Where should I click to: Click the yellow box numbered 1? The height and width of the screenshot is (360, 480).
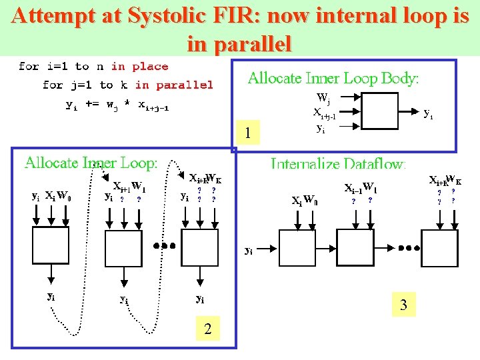[247, 134]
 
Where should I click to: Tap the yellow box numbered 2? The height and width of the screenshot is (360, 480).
[208, 328]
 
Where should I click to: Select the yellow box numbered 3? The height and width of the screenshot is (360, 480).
[403, 306]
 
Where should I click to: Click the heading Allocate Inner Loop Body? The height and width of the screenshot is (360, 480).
[333, 79]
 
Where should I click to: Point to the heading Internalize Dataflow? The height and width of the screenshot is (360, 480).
[338, 164]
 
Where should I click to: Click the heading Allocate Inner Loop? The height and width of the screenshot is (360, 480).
[91, 163]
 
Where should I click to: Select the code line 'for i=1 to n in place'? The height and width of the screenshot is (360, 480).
[93, 66]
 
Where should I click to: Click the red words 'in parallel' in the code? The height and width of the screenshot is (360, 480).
[174, 85]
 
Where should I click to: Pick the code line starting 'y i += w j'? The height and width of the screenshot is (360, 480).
[117, 105]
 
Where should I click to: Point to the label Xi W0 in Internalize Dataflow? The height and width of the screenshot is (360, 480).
[305, 200]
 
